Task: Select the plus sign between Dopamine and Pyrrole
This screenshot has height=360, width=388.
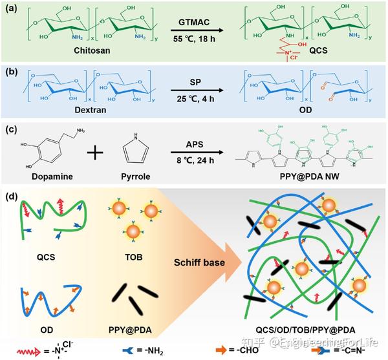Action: pyautogui.click(x=94, y=153)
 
